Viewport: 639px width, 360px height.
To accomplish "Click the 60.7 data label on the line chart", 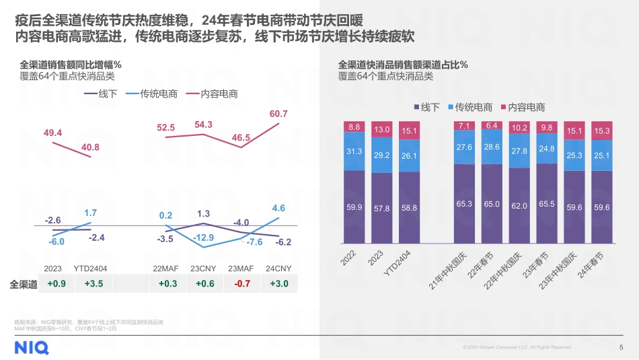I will point(278,114).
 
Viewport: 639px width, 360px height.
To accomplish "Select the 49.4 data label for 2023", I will point(53,133).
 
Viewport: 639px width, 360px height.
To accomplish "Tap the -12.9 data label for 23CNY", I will point(203,238).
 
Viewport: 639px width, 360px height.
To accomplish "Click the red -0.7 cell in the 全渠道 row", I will point(241,284).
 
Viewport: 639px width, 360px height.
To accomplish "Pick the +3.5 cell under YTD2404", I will point(94,284).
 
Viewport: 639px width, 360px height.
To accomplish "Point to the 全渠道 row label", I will point(24,284).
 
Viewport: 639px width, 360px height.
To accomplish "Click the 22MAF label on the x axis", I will point(166,268).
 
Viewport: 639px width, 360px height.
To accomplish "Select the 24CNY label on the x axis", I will point(278,268).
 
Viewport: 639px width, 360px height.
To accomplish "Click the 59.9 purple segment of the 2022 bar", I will point(354,207).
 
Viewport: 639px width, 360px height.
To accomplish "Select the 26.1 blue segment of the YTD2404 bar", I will point(409,155).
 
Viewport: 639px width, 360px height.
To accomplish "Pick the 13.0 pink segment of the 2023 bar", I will point(382,129).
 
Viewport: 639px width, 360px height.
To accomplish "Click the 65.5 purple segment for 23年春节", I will point(546,203).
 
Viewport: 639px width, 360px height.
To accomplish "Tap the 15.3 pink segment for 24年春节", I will point(602,131).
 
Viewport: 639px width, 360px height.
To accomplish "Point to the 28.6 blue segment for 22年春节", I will point(492,147).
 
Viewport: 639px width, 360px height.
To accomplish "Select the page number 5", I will point(620,347).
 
